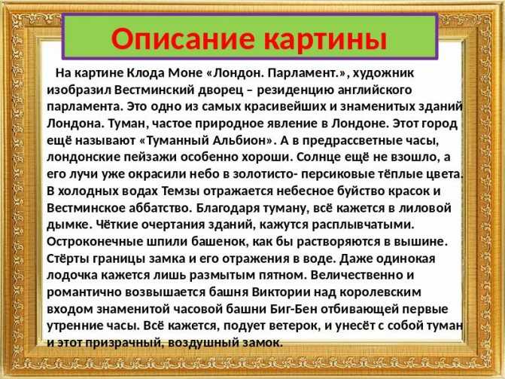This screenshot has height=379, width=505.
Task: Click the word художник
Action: (x=383, y=74)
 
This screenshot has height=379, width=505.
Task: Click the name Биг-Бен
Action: (x=292, y=309)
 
